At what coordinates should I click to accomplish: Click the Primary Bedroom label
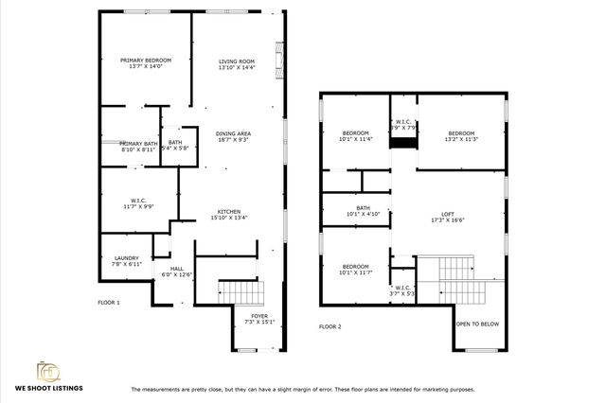(x=145, y=61)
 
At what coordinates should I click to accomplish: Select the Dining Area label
(x=232, y=134)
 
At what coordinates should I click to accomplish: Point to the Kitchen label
(x=229, y=212)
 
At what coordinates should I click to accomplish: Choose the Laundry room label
(x=127, y=257)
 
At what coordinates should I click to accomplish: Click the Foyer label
(x=258, y=316)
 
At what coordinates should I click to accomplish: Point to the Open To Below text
(x=478, y=324)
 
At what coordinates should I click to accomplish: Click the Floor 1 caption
(x=109, y=303)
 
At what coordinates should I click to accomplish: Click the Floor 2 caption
(x=330, y=326)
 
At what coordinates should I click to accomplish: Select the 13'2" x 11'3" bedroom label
(x=461, y=132)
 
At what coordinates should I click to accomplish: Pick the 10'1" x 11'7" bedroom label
(x=355, y=266)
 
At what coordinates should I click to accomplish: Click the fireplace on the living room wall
(x=277, y=62)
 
